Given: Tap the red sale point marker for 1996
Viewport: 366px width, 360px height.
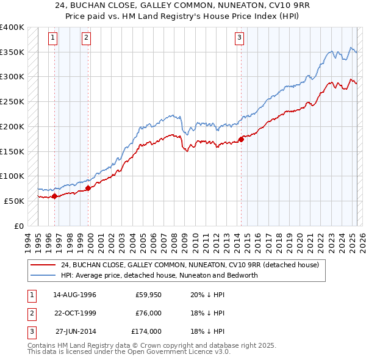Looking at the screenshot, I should (x=54, y=196).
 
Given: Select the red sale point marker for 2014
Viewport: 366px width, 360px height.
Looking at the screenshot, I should (x=241, y=139).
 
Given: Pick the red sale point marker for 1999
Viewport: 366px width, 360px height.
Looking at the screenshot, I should (x=88, y=188).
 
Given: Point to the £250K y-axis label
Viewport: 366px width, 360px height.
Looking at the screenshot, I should (x=12, y=102).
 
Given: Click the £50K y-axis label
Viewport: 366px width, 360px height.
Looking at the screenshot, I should (x=15, y=201).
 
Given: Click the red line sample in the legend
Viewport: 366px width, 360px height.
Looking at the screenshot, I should (x=44, y=265).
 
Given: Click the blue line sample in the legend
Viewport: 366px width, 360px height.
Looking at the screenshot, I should (x=44, y=275).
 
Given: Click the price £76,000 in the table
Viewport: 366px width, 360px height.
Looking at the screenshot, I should (x=148, y=314).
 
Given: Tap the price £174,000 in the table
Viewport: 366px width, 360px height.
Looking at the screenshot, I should (x=146, y=332).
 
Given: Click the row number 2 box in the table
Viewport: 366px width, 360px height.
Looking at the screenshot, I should (x=31, y=314).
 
